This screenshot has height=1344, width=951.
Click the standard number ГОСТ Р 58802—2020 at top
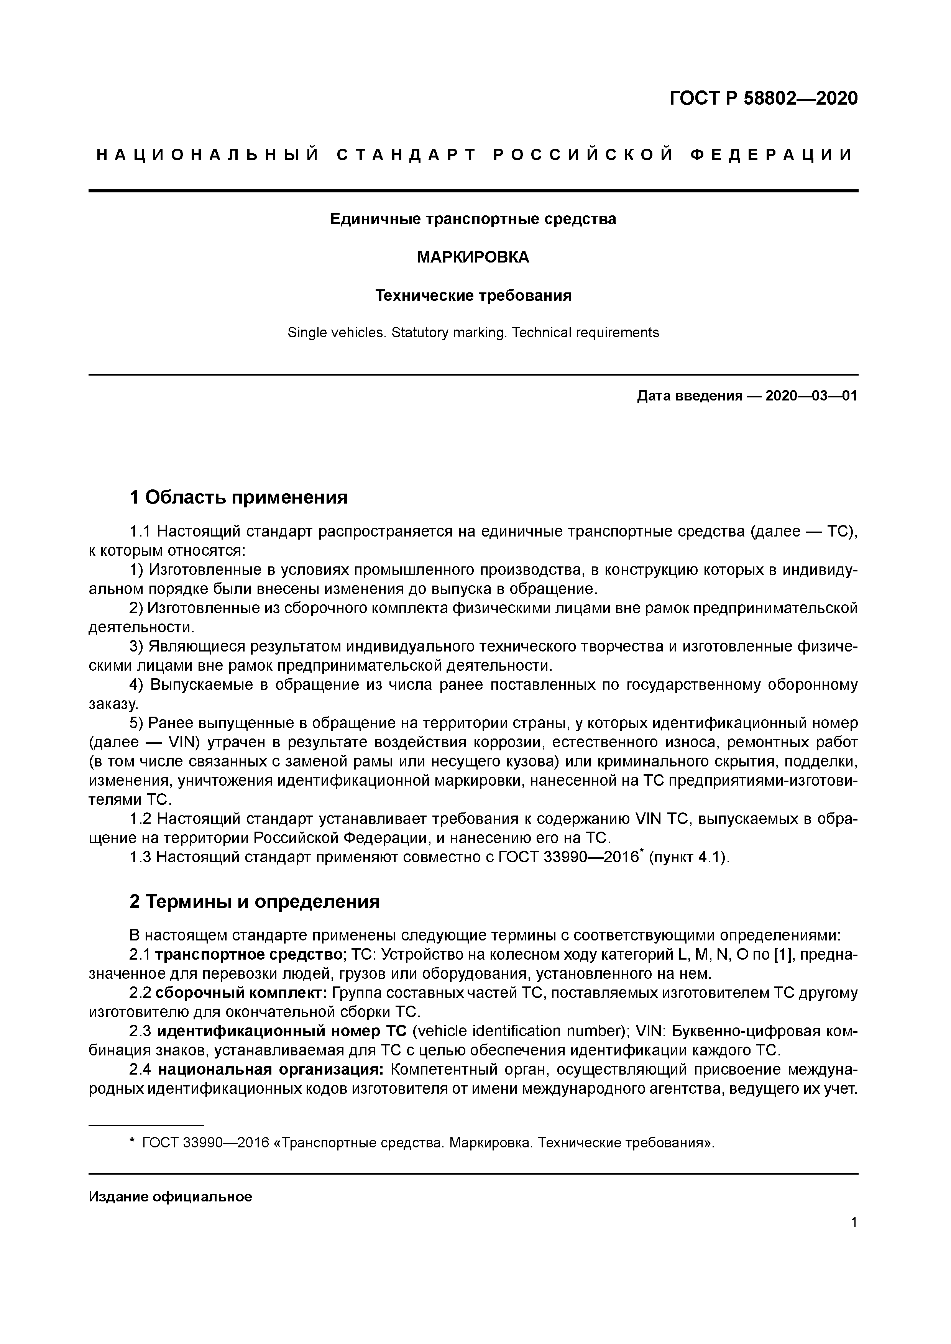[x=763, y=98]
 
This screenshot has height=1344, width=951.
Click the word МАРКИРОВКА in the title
[x=473, y=257]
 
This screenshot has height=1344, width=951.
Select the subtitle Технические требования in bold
[x=473, y=295]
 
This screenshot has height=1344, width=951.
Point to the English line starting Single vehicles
[x=473, y=333]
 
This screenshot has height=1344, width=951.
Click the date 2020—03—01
[x=811, y=396]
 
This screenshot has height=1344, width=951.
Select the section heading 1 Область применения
[x=238, y=497]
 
